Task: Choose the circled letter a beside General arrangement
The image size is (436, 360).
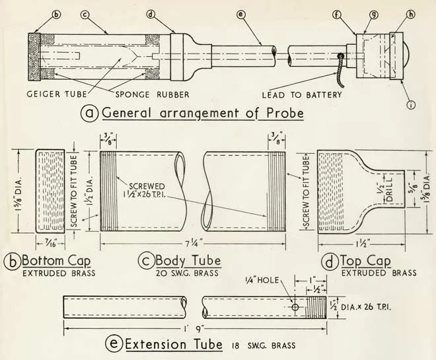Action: coord(90,113)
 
